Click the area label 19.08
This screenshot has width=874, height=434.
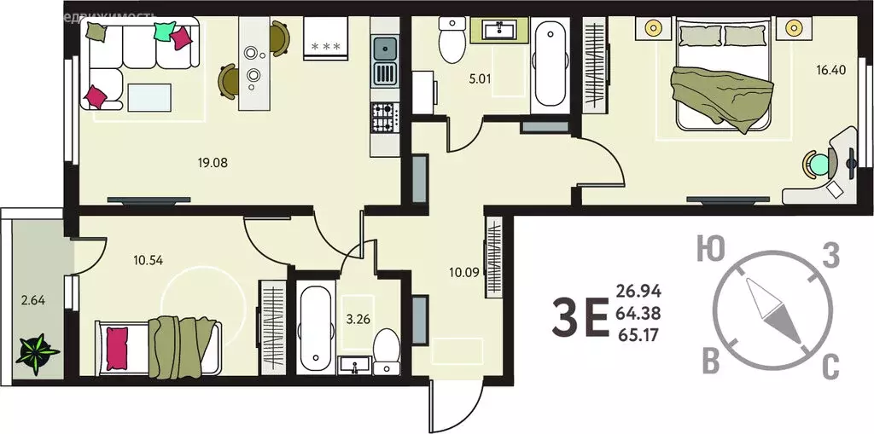click(x=214, y=161)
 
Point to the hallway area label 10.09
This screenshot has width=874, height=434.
click(x=466, y=273)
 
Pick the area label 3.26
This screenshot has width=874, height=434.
click(x=358, y=321)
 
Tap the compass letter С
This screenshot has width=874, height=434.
click(x=830, y=368)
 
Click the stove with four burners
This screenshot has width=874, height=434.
click(x=383, y=117)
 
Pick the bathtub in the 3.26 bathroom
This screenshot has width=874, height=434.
click(x=315, y=328)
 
